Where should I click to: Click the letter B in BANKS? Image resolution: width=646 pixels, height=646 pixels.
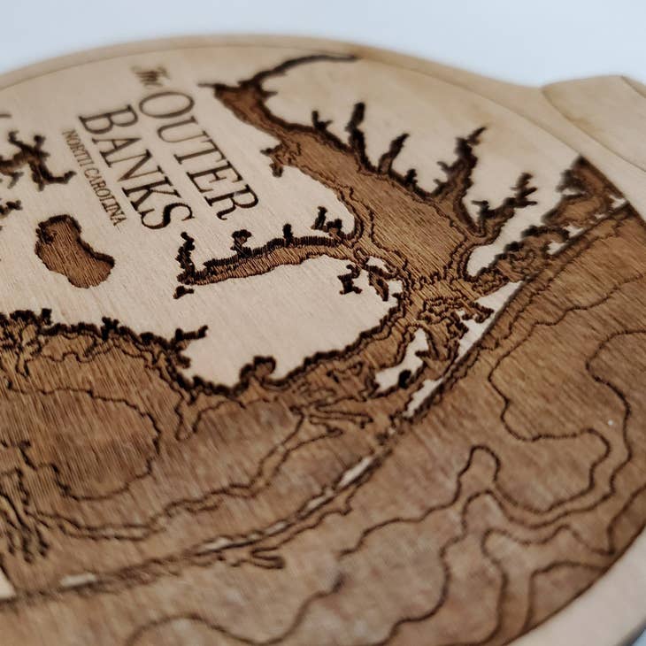pyautogui.click(x=96, y=119)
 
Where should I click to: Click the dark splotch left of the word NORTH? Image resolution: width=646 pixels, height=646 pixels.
pyautogui.click(x=31, y=159)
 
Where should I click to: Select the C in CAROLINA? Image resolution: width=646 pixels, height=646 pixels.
pyautogui.click(x=88, y=171)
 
